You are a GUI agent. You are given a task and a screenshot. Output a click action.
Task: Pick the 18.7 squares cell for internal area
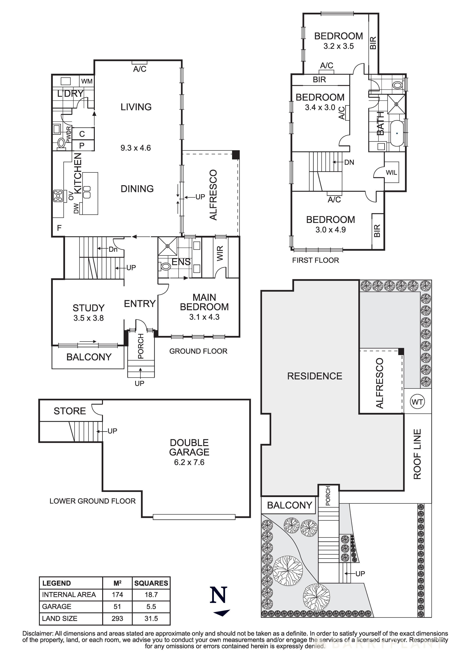click(151, 595)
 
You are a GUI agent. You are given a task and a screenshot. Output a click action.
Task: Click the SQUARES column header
click(151, 583)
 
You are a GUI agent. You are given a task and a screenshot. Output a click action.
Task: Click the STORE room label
click(70, 411)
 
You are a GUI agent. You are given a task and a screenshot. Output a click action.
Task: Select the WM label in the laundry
click(87, 81)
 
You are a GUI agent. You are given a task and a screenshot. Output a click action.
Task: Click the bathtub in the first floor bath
click(397, 133)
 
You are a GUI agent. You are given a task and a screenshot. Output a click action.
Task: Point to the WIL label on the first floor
click(391, 173)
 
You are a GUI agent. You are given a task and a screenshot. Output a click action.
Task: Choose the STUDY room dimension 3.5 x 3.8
click(88, 318)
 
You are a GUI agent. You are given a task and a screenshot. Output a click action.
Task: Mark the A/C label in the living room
click(140, 69)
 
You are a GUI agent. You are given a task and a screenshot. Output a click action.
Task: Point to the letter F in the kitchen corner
click(59, 228)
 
